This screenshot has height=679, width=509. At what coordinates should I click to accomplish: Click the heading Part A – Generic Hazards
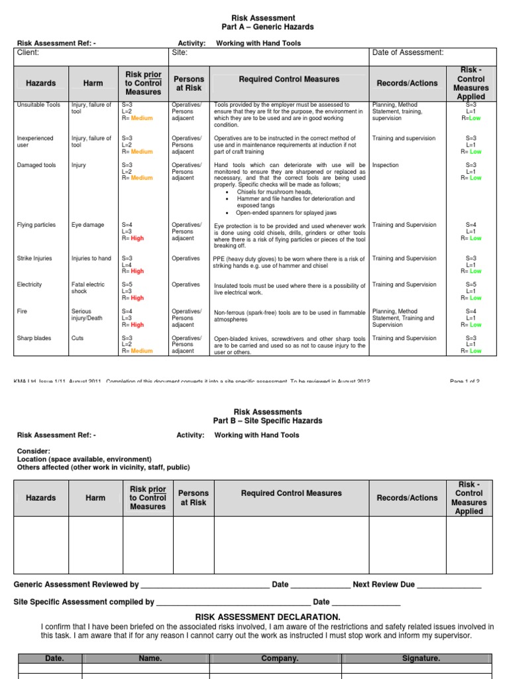click(267, 27)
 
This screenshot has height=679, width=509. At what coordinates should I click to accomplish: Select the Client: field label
click(28, 52)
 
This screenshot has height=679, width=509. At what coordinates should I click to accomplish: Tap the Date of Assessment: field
click(408, 52)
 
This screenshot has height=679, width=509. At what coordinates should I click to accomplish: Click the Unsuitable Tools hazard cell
click(38, 105)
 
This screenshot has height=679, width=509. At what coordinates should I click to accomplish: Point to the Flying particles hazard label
click(36, 225)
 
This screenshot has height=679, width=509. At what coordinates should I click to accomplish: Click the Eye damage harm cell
click(87, 225)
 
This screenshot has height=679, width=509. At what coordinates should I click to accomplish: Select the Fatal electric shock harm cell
click(87, 288)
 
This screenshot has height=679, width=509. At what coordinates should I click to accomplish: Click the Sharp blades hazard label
click(34, 338)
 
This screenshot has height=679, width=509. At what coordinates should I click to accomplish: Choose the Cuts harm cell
click(78, 338)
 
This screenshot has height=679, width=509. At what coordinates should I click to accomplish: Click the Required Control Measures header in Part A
click(289, 80)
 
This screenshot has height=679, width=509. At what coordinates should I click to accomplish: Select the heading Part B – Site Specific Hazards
click(267, 421)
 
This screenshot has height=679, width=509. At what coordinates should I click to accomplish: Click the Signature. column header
click(422, 658)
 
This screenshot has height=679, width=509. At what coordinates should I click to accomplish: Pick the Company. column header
click(280, 658)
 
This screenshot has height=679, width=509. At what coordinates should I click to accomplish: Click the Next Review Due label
click(384, 585)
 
